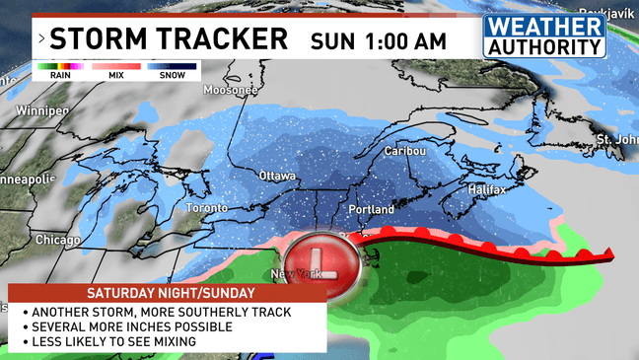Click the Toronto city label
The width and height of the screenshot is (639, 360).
click(208, 209)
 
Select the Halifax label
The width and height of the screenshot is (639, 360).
click(485, 189)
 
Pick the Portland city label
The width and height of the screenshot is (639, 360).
click(372, 210)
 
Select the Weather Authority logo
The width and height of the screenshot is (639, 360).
click(544, 37)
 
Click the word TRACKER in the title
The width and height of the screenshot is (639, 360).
click(223, 39)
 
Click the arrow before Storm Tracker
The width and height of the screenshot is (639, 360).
click(40, 40)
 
